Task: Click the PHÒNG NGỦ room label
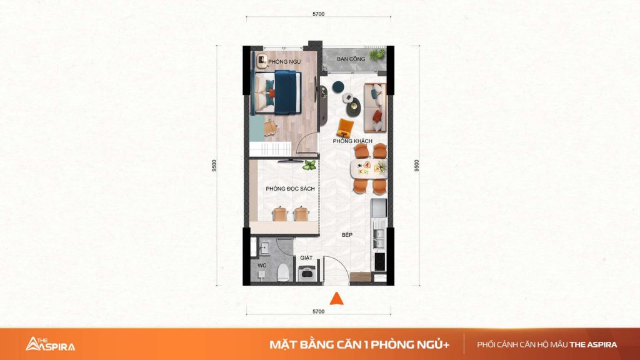tap(284, 62)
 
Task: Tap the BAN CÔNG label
tap(351, 59)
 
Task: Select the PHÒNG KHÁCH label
tap(352, 141)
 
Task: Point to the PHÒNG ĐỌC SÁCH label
tap(290, 189)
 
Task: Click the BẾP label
tap(347, 235)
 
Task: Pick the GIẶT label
tap(306, 257)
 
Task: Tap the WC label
tap(262, 265)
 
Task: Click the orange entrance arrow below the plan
tap(337, 299)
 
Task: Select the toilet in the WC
tap(283, 272)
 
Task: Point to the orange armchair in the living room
tap(345, 127)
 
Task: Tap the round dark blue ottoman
tap(337, 86)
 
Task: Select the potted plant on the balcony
tap(377, 55)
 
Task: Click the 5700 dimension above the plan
tap(318, 14)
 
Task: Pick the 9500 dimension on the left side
tap(214, 165)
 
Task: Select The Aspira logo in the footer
tap(50, 344)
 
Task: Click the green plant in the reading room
tap(309, 165)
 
